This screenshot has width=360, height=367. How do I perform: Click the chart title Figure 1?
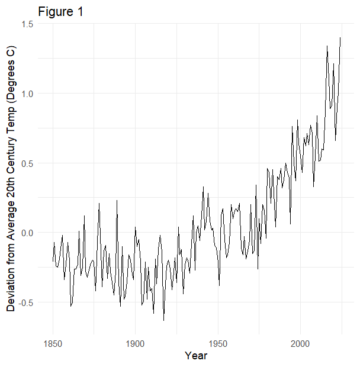click(61, 11)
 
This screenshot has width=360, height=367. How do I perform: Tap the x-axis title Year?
click(195, 356)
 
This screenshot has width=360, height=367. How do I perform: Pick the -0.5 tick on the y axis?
click(24, 302)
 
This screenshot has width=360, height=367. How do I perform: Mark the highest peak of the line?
click(340, 38)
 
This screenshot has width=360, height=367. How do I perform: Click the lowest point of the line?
click(164, 320)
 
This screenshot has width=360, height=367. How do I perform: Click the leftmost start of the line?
click(53, 261)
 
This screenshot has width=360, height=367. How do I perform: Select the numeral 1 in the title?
click(80, 11)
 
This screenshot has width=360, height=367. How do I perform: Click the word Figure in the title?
click(56, 11)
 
